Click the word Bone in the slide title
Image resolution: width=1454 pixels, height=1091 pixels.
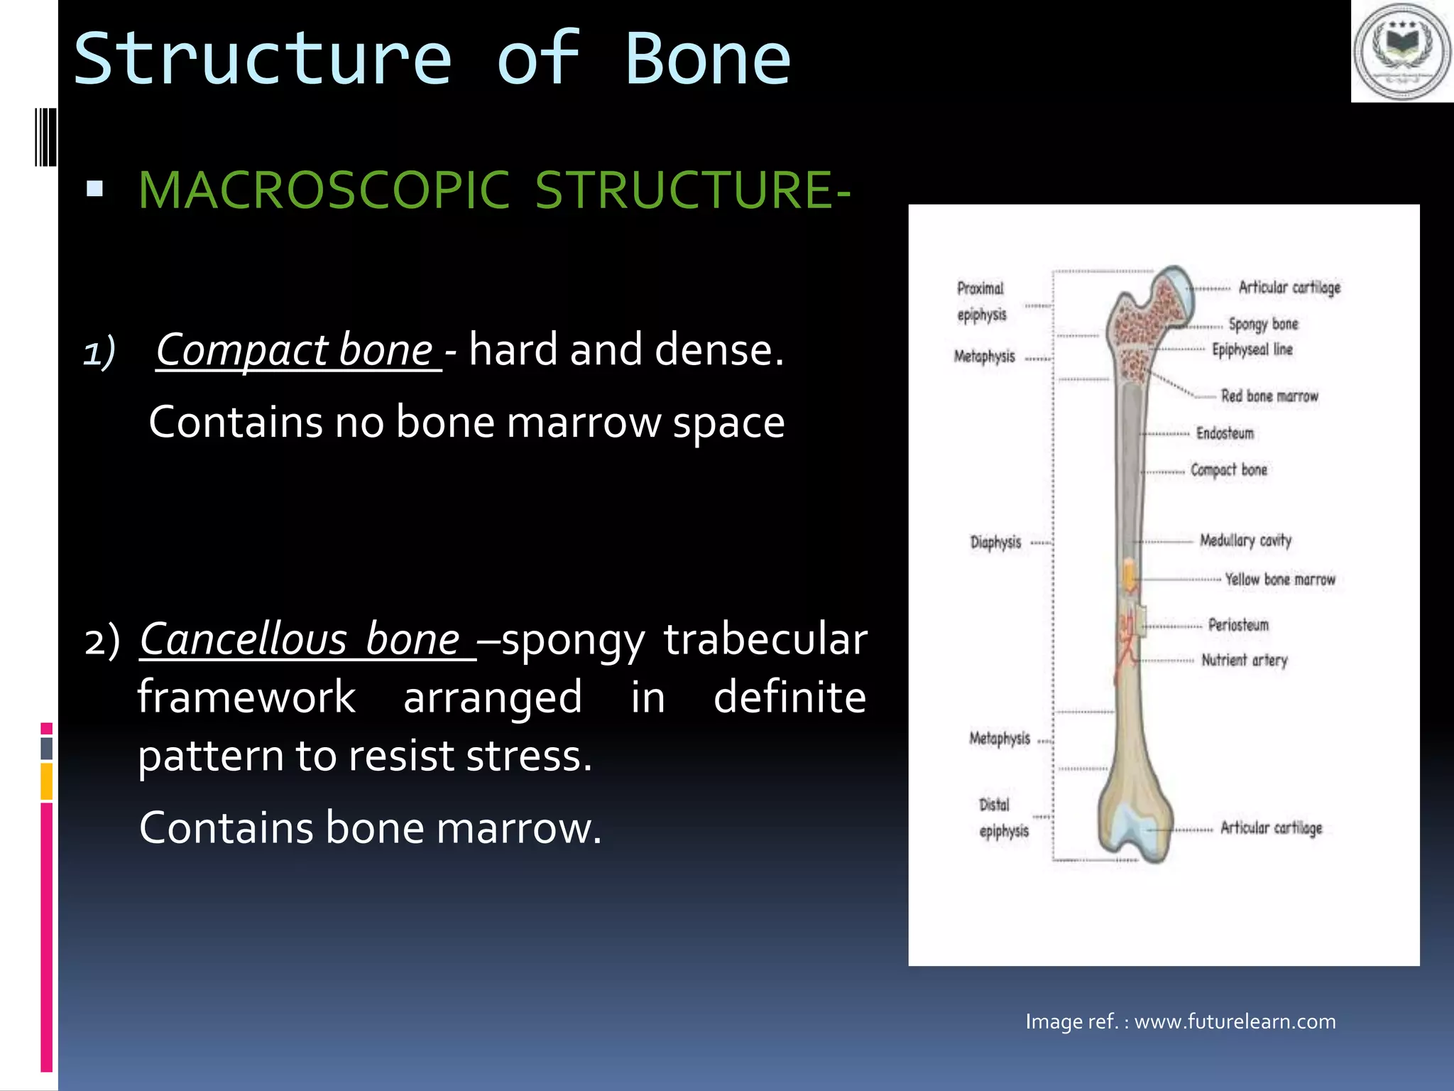[708, 60]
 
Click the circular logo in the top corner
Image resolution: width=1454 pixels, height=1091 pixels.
[1402, 52]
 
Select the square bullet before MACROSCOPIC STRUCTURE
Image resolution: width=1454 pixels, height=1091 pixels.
[94, 189]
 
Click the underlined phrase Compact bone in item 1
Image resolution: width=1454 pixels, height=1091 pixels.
[295, 350]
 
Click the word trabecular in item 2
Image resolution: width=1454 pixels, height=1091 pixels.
[765, 639]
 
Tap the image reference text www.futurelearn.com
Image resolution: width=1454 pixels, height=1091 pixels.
[1235, 1021]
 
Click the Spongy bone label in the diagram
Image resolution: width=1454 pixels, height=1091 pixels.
[1263, 324]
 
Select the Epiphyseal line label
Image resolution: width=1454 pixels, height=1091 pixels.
[1252, 349]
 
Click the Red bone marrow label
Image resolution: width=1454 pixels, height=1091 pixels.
[1269, 396]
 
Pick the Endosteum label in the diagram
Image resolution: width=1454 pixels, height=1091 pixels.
[1225, 433]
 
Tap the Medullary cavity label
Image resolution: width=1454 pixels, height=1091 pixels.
[1245, 541]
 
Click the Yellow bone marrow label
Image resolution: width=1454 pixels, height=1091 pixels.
[1280, 580]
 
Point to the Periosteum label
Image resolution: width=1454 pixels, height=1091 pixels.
[1238, 625]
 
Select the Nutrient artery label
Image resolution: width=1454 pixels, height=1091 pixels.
[1244, 661]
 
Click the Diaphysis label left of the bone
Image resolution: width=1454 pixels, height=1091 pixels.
[995, 543]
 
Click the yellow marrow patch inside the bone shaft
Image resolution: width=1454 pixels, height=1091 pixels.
[1129, 575]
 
